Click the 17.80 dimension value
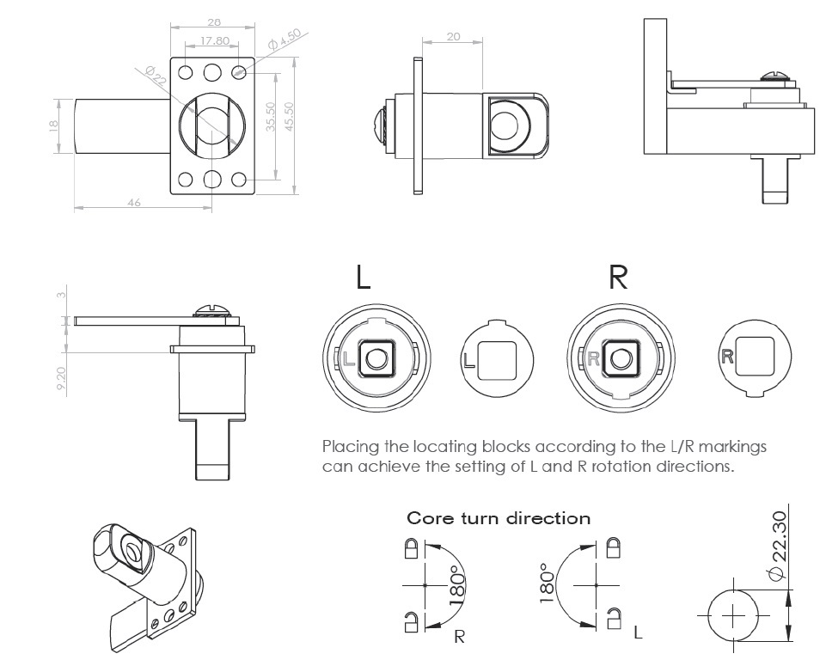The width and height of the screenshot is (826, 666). point(215,40)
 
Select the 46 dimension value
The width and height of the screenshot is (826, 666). point(134,202)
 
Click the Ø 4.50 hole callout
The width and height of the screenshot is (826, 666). point(284,39)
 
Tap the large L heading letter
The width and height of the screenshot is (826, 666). point(364,278)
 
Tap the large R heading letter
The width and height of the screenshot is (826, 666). point(617,278)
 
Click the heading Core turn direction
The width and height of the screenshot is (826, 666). point(499,518)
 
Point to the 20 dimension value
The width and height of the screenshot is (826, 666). point(455,37)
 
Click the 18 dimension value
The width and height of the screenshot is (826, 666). point(53,125)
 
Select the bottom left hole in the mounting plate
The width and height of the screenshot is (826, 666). point(186,180)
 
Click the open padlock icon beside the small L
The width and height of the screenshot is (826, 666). point(614,616)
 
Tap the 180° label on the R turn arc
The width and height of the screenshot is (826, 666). point(457,586)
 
